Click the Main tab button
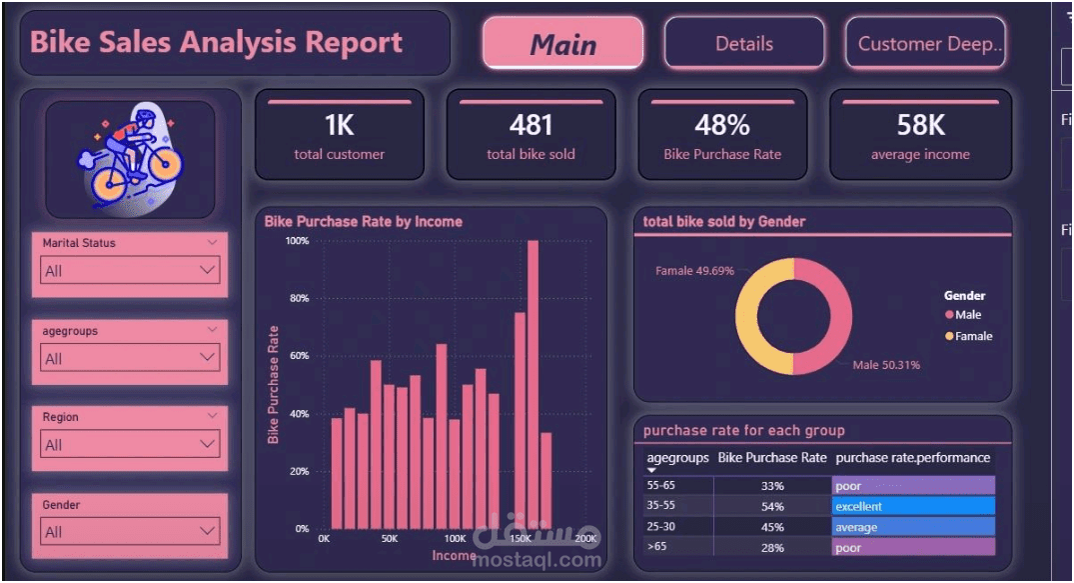[x=562, y=44]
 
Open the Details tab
[x=744, y=44]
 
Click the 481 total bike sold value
[x=531, y=125]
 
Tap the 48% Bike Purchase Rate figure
[x=721, y=125]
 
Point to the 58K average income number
[x=920, y=125]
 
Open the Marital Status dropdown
[x=130, y=271]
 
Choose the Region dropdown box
[x=130, y=445]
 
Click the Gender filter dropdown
[x=130, y=532]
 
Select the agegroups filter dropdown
[x=130, y=358]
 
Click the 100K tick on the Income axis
[x=455, y=538]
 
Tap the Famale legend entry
[x=973, y=336]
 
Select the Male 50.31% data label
[x=886, y=365]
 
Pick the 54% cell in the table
[x=772, y=506]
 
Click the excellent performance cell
[x=913, y=506]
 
